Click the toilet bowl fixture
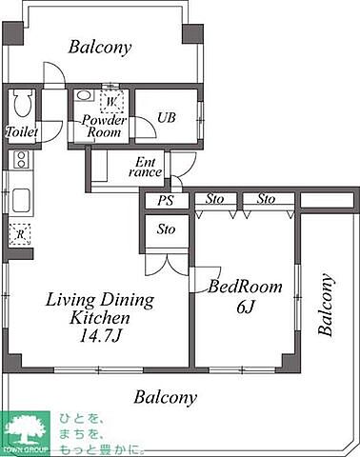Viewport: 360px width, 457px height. coord(22,104)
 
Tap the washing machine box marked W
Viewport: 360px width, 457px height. coord(111,102)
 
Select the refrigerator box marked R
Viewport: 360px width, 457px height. coord(20,234)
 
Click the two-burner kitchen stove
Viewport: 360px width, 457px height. coord(21,160)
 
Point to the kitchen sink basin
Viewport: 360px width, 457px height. coord(21,200)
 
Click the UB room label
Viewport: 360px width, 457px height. coord(167,118)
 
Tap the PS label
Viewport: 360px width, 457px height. coord(166,200)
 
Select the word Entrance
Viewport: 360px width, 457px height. coord(145,168)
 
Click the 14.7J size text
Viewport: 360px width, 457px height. coord(100,336)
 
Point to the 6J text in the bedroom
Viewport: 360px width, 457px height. coord(246,307)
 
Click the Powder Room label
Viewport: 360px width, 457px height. coord(104,126)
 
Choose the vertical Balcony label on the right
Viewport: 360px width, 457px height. coord(326,305)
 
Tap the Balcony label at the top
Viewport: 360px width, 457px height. coord(100,48)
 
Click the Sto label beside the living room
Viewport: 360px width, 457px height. coord(166,229)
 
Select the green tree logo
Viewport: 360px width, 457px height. coord(25,432)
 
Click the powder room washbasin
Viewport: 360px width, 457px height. coord(84,95)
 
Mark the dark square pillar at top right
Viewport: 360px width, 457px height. coord(192,33)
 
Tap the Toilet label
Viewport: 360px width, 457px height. coord(22,131)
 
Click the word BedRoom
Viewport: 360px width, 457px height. coord(245,287)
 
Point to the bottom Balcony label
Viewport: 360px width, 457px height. coord(165,397)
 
